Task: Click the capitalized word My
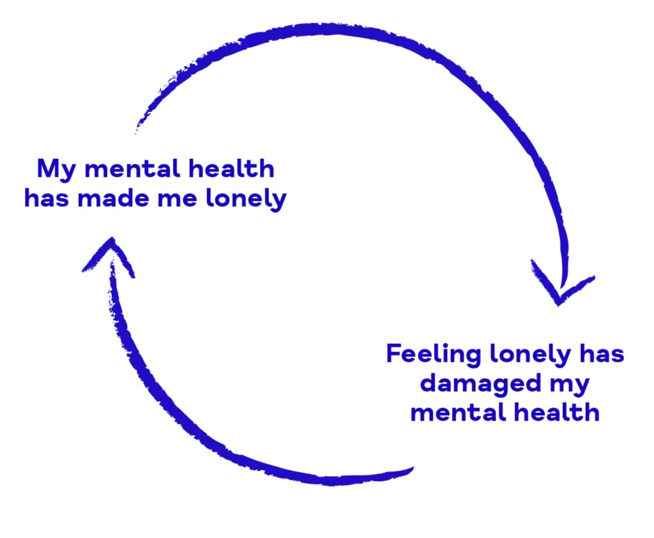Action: (56, 170)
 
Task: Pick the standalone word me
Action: (178, 199)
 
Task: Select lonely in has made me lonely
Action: (247, 199)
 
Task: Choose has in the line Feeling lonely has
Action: (602, 353)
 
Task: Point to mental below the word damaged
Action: (458, 412)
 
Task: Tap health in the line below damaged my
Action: (557, 412)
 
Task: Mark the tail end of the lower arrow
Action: (413, 468)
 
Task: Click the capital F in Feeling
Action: (394, 353)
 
